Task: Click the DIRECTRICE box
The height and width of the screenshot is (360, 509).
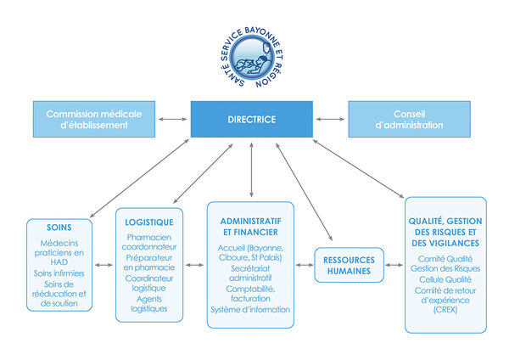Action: [252, 119]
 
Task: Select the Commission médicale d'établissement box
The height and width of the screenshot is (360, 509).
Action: [94, 119]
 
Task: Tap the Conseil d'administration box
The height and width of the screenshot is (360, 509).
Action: [410, 119]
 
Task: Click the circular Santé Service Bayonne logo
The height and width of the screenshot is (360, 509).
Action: [252, 58]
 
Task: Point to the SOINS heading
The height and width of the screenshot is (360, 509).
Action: [59, 228]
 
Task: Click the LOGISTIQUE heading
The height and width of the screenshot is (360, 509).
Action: [149, 222]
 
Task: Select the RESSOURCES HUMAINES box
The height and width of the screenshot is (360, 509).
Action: [349, 265]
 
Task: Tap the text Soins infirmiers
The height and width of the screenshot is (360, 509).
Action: [59, 273]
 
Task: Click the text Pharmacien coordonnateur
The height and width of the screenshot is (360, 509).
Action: [149, 242]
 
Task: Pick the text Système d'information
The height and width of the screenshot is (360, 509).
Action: [250, 310]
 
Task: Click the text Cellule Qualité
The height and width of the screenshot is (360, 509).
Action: [445, 279]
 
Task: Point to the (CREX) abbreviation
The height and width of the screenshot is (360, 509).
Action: [445, 310]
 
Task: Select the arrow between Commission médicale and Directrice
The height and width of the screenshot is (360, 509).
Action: [173, 119]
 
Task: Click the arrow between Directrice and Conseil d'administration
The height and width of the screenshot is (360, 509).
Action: [331, 119]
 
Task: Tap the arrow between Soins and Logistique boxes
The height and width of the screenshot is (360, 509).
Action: [103, 265]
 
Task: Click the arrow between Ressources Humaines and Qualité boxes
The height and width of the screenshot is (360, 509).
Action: [394, 265]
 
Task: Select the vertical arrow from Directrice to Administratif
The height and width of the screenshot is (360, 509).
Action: [252, 170]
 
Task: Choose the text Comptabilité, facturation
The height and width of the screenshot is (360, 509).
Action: [250, 294]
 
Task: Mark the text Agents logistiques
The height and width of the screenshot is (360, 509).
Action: [149, 304]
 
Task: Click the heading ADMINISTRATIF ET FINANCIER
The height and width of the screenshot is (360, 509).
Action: [250, 227]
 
